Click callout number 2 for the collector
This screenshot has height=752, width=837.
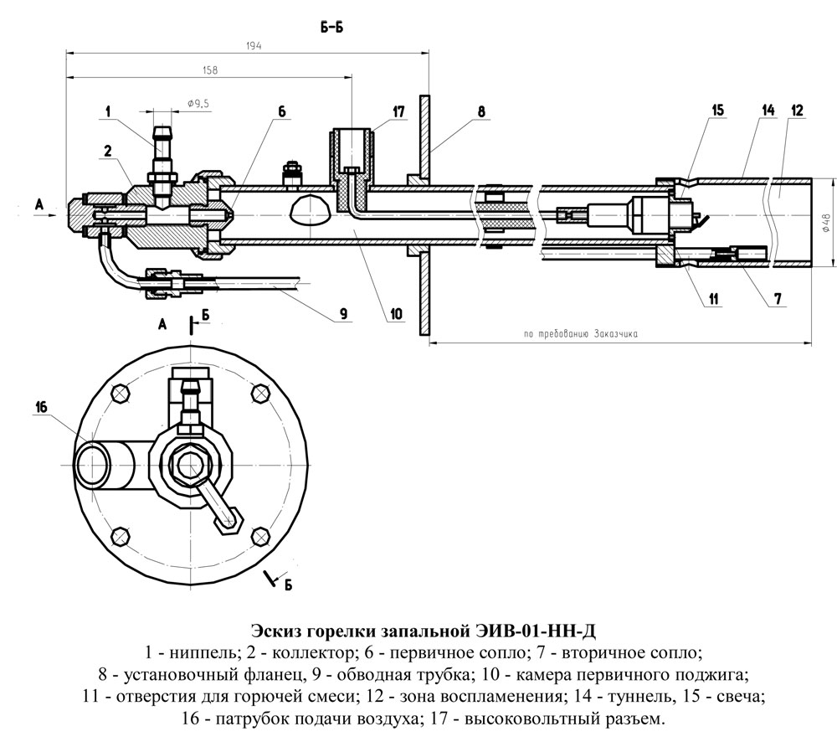coord(108,152)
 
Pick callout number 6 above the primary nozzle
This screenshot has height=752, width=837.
coord(281,111)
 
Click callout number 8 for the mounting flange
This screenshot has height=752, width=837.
coord(481,111)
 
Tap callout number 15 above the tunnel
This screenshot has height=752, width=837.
coord(717,110)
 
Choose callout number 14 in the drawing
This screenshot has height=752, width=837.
coord(768,110)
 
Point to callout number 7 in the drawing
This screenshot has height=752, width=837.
coord(778,299)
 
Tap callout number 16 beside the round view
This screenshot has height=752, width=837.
coord(41,407)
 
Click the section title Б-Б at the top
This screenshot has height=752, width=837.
coord(331,27)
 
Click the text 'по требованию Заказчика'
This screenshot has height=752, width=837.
coord(581,333)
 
